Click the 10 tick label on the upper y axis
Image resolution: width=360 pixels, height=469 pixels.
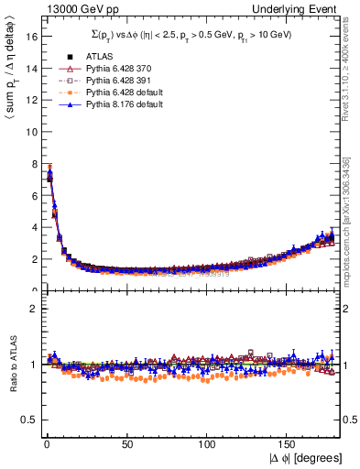pos(28,131)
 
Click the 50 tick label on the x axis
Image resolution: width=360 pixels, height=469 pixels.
pos(125,444)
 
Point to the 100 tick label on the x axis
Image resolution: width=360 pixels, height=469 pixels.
pos(206,444)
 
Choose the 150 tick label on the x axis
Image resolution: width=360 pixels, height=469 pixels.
pos(287,444)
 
